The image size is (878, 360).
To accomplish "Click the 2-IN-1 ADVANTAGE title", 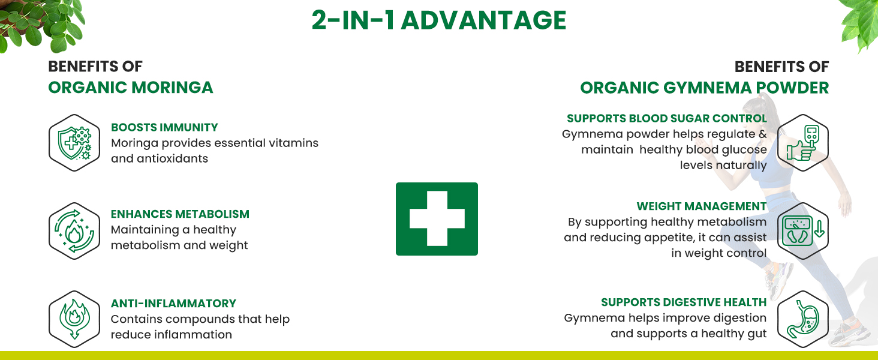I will point(438,21).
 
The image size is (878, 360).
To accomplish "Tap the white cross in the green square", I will point(437,218).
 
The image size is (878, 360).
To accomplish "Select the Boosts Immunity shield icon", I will point(74,143).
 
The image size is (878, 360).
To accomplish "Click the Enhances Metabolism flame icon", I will point(74,231).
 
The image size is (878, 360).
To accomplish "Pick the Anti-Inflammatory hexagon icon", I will point(74,319).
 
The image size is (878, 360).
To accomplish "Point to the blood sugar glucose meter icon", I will point(802,143).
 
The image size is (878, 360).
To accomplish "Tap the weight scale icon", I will point(802,231).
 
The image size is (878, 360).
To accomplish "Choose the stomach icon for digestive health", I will point(802,319).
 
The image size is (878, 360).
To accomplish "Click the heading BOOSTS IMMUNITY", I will point(164,127).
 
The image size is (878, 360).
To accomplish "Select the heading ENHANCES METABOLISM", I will point(180,214).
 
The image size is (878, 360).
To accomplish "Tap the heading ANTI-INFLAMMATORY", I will point(173,304).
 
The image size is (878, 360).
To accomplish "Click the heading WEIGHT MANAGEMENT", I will point(702,206).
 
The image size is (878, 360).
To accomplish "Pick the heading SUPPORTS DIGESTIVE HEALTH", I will point(684,302).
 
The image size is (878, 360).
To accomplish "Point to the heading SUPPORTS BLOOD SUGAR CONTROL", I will point(667,118).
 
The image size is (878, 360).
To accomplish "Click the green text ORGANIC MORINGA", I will point(131,88).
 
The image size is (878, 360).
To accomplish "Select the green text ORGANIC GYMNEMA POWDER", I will point(704,88).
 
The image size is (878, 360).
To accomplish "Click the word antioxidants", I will point(171,158).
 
